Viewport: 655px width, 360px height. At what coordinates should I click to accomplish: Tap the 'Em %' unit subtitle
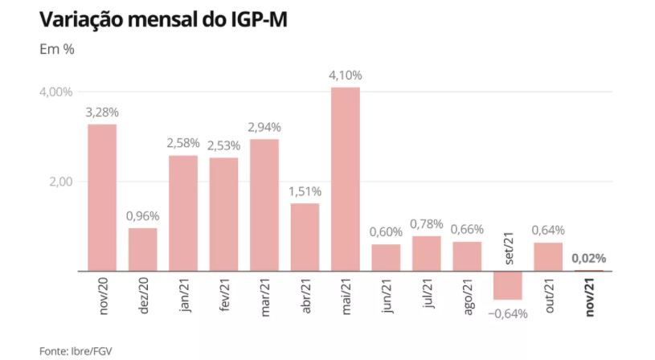pos(57,49)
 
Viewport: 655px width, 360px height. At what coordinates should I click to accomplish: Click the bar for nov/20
pos(102,197)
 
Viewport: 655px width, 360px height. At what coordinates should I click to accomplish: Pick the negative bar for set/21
pos(508,285)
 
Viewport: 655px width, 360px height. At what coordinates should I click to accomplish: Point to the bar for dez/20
pos(143,249)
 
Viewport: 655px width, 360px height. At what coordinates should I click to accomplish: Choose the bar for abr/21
pos(305,237)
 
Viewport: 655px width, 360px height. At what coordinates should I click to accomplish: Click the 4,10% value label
pos(346,76)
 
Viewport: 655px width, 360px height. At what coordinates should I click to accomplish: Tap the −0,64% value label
pos(508,313)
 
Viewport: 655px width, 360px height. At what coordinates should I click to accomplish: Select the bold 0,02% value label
pos(588,259)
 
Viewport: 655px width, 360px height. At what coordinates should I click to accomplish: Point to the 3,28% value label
pos(102,112)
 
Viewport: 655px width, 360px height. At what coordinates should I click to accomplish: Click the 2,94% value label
pos(264,128)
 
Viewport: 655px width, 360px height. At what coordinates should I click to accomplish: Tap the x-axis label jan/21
pos(184,298)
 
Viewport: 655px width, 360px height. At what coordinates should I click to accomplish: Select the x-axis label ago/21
pos(467,298)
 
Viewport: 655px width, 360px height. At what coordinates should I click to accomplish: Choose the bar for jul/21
pos(427,253)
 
